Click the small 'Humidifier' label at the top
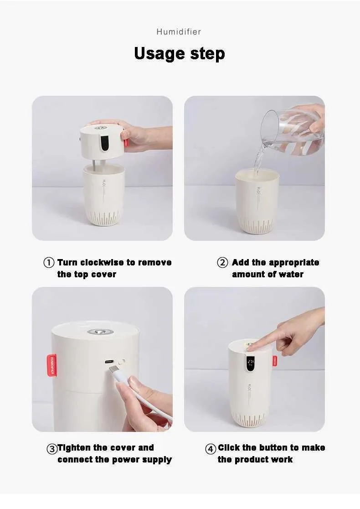(179, 32)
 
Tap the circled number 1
(49, 263)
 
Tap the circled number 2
(222, 263)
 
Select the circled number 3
(52, 449)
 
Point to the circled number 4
(211, 449)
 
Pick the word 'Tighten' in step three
(74, 448)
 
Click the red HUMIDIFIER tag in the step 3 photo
(51, 365)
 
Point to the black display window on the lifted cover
(104, 144)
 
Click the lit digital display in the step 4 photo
(250, 364)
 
